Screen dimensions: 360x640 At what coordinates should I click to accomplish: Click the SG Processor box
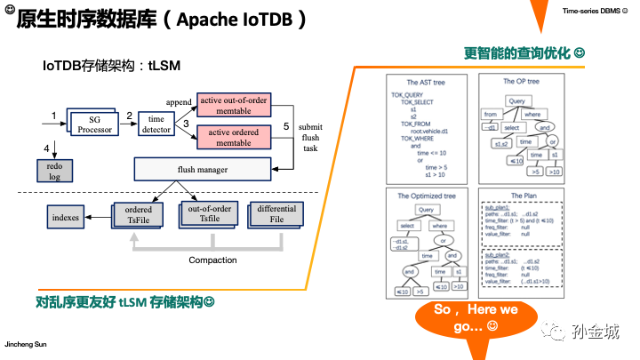[95, 124]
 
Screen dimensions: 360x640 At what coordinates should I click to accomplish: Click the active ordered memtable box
[233, 137]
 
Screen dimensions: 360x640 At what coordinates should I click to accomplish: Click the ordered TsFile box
[138, 215]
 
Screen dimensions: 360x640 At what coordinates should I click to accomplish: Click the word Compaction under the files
[212, 260]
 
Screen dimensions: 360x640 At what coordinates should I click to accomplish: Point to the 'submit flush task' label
[310, 138]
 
